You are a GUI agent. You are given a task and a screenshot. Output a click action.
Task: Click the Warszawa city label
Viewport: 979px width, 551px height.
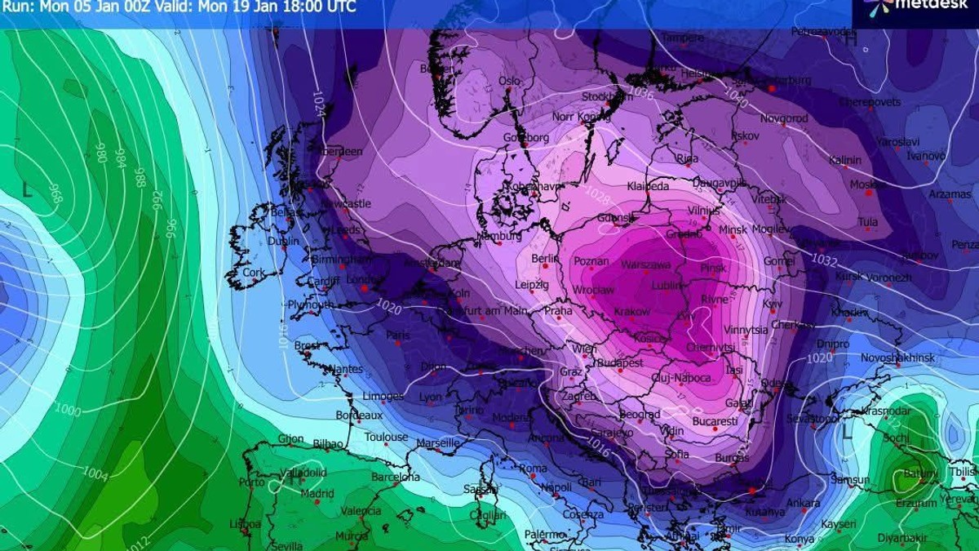point(646,266)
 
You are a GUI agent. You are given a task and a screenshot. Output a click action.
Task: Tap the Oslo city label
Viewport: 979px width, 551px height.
point(509,82)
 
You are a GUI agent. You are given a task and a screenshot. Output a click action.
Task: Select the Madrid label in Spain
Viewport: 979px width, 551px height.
point(317,494)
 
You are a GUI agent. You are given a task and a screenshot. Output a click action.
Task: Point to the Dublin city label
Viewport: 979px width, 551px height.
point(283,242)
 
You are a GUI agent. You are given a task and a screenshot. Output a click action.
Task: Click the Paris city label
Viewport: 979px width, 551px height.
point(397,335)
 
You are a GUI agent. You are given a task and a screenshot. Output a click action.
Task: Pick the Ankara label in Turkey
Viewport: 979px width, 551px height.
point(803,504)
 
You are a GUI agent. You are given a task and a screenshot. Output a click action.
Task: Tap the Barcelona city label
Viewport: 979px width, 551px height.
point(396,477)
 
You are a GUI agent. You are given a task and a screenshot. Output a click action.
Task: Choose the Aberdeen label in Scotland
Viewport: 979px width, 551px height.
point(340,152)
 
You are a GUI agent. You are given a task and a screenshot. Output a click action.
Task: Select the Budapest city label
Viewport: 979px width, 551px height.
point(619,362)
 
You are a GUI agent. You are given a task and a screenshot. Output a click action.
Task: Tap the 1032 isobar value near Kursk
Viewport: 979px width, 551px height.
point(824,260)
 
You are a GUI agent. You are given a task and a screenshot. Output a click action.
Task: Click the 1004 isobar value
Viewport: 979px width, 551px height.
point(95,473)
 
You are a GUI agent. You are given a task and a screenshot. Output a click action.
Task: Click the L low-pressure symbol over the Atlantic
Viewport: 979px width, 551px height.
point(28,191)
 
